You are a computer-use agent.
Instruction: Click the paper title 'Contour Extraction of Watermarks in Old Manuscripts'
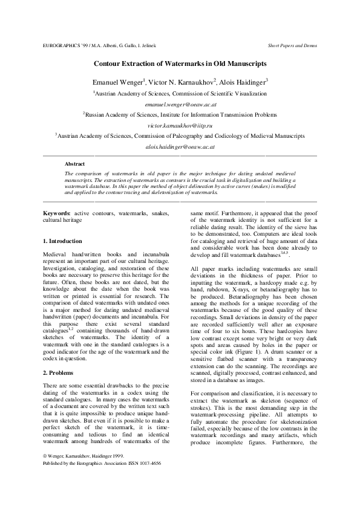coord(180,63)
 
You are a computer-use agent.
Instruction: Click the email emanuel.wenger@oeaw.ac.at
coord(180,104)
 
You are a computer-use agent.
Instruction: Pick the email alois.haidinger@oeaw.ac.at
coord(180,146)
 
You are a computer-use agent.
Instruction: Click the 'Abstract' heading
coord(74,164)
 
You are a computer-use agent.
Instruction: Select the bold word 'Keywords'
coord(56,213)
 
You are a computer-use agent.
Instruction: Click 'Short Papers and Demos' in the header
coord(292,46)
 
